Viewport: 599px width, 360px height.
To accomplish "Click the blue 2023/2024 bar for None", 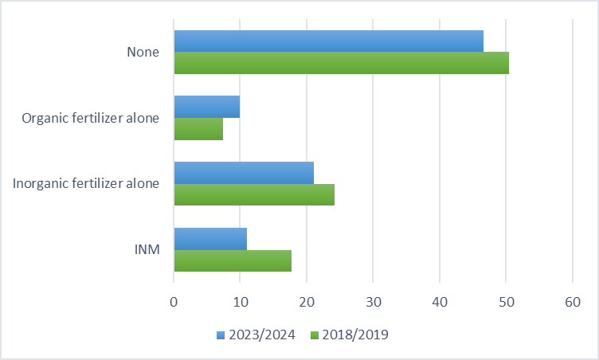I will [x=328, y=41].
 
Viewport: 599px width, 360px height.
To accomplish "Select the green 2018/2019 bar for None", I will [x=341, y=63].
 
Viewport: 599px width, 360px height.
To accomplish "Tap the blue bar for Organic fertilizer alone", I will [x=206, y=107].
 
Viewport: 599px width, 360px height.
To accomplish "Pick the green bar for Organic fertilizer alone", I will [x=198, y=129].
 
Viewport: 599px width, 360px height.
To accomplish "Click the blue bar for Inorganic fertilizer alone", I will [x=244, y=173].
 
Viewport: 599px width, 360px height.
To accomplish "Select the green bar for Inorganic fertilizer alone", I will [x=254, y=194].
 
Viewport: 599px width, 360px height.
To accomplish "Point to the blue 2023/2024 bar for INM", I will [x=210, y=238].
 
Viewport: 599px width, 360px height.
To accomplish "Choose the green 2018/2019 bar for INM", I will [x=233, y=260].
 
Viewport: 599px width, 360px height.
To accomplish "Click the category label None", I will [x=143, y=53].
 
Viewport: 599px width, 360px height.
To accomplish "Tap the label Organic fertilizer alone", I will [x=91, y=118].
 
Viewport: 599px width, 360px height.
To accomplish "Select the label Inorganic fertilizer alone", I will [x=86, y=184].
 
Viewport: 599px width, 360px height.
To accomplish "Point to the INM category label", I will [x=147, y=249].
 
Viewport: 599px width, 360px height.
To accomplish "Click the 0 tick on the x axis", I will [x=174, y=302].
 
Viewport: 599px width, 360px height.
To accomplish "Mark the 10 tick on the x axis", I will [x=240, y=302].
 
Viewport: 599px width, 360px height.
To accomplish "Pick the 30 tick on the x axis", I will [x=373, y=302].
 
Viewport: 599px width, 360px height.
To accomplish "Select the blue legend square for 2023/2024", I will [x=221, y=335].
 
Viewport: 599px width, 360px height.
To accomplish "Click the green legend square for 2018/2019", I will [x=315, y=335].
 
